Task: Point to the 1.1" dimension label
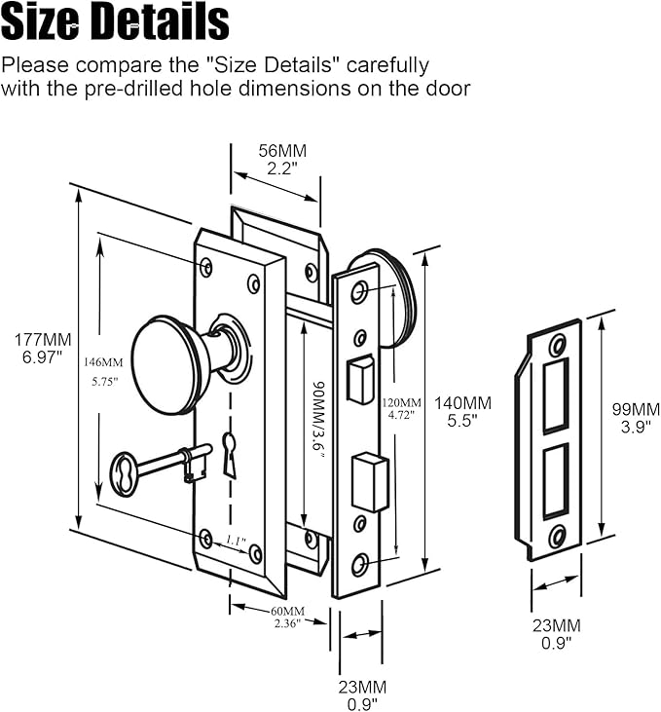point(237,542)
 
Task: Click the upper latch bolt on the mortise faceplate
point(359,380)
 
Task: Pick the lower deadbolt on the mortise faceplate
point(369,481)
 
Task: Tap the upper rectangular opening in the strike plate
point(555,394)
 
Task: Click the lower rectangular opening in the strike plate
point(555,476)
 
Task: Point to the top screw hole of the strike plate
point(557,345)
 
